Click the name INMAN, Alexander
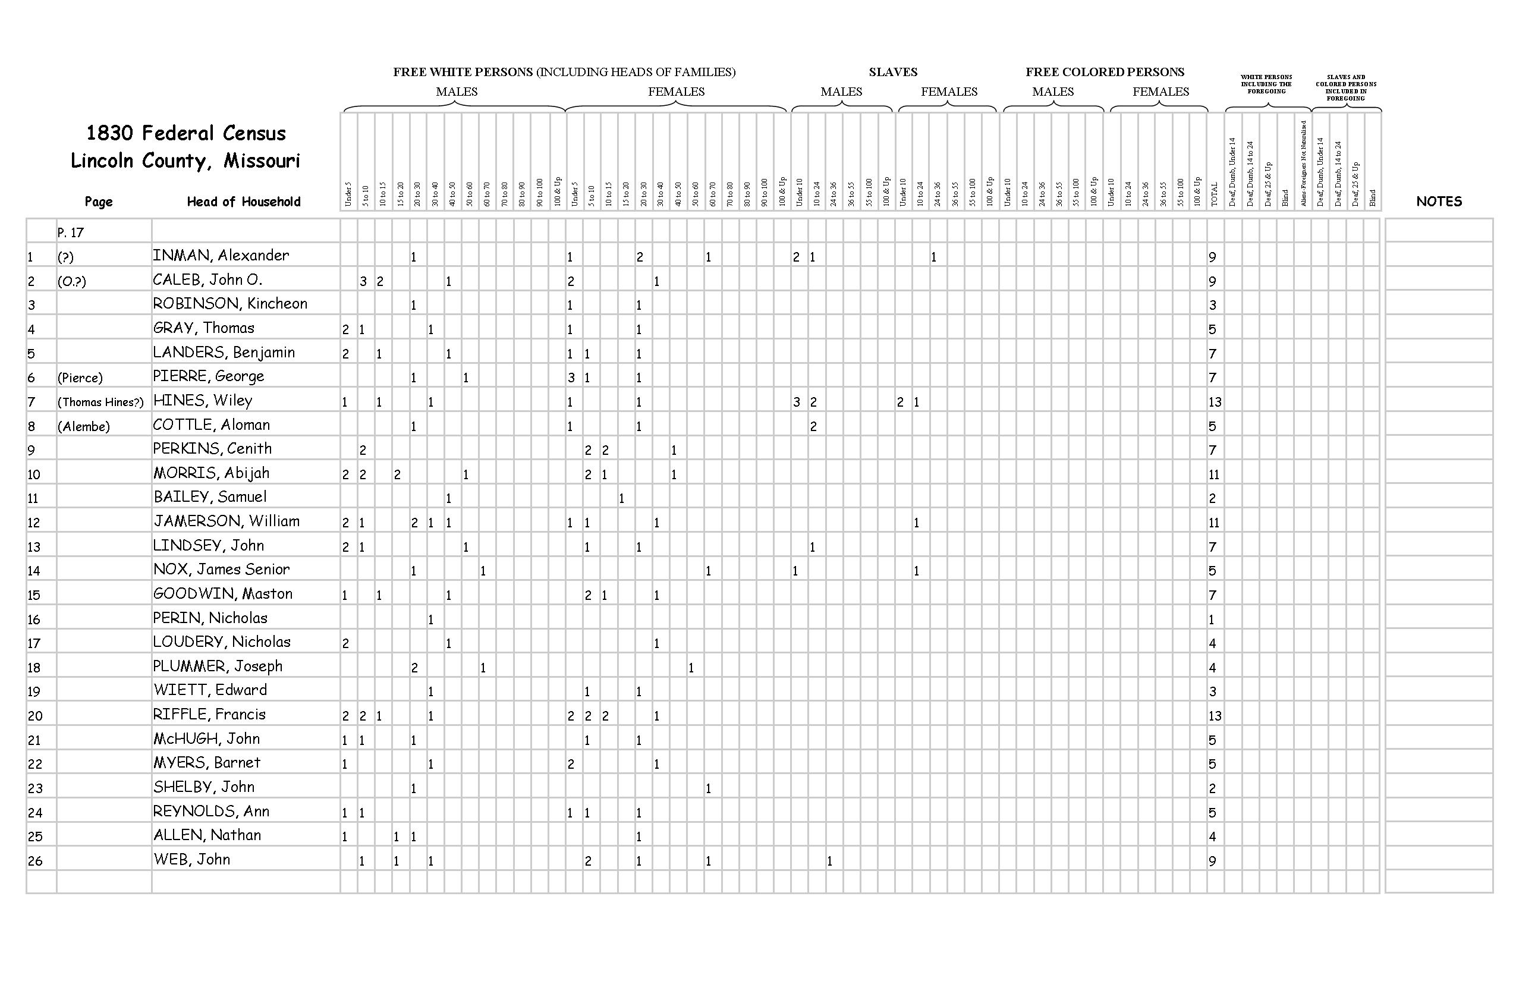pyautogui.click(x=221, y=256)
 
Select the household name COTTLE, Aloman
pyautogui.click(x=212, y=426)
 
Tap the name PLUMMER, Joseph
pyautogui.click(x=217, y=667)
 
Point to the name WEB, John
pyautogui.click(x=191, y=860)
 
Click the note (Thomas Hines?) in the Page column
pyautogui.click(x=100, y=402)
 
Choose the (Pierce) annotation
pyautogui.click(x=80, y=378)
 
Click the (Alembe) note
pyautogui.click(x=83, y=426)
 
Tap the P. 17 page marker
pyautogui.click(x=70, y=232)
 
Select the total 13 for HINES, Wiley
pyautogui.click(x=1214, y=402)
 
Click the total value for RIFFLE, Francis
pyautogui.click(x=1214, y=716)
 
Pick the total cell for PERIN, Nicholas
pyautogui.click(x=1212, y=619)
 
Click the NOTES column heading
pyautogui.click(x=1438, y=202)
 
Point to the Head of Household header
pyautogui.click(x=243, y=202)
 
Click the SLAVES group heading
pyautogui.click(x=892, y=72)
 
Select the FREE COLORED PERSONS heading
pyautogui.click(x=1105, y=72)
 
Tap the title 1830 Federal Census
pyautogui.click(x=186, y=133)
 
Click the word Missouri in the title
pyautogui.click(x=261, y=161)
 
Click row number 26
pyautogui.click(x=35, y=861)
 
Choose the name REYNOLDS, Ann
pyautogui.click(x=211, y=812)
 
